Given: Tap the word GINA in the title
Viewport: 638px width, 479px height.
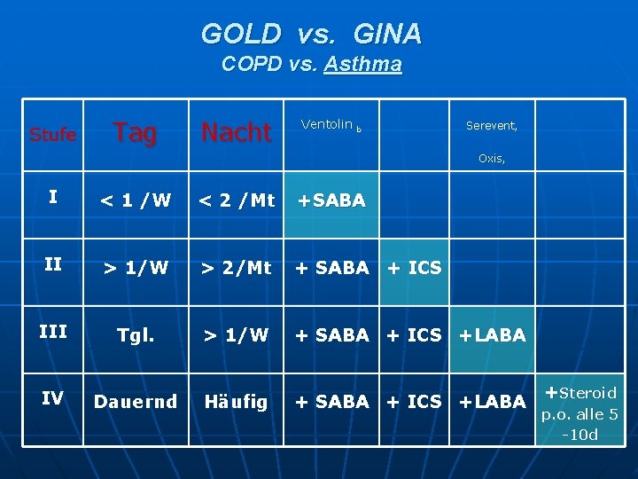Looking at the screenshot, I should coord(387,35).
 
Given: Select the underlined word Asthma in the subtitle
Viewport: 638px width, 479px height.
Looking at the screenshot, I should coord(363,65).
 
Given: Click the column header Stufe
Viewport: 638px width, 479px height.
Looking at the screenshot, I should coord(52,135).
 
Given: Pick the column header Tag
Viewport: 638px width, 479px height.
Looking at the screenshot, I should coord(135,133).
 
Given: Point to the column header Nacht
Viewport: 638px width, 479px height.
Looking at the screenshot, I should coord(236,133).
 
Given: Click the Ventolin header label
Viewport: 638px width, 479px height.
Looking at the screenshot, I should coord(327,125).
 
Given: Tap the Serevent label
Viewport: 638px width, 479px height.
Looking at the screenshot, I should coord(492,126).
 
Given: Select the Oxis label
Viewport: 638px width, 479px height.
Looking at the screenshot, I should coord(492,159).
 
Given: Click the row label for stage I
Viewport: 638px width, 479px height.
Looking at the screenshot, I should coord(53,198).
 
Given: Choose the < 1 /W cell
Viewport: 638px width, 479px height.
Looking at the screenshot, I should coord(135,200).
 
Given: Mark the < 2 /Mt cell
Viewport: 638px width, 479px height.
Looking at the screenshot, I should coord(236,200).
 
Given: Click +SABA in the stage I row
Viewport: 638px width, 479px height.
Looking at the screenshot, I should coord(331,200).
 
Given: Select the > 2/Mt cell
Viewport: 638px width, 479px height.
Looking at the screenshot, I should coord(236,268).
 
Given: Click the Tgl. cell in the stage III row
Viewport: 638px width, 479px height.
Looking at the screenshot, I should coord(135,335).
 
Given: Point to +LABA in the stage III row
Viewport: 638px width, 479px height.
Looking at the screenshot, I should coord(492,335).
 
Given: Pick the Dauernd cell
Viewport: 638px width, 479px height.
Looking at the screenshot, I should coord(135,402).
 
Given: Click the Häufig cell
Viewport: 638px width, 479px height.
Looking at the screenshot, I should coord(236,402).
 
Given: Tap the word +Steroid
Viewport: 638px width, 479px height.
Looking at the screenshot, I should coord(581,392).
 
